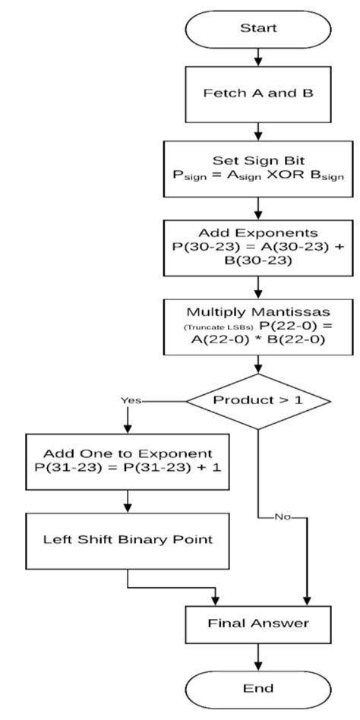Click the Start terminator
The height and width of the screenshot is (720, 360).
[259, 28]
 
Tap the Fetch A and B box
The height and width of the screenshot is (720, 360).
[259, 96]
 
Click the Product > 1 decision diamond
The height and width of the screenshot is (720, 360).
[259, 399]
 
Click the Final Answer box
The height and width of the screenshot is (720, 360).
[259, 624]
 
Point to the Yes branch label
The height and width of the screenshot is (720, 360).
[131, 399]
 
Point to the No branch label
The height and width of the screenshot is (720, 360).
[283, 517]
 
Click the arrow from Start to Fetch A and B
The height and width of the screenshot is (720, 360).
[259, 58]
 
